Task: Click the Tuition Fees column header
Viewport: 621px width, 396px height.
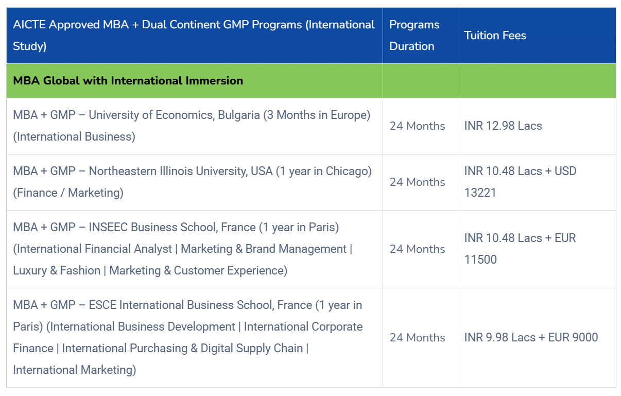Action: pyautogui.click(x=495, y=36)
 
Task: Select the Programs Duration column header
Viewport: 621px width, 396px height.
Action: pyautogui.click(x=414, y=36)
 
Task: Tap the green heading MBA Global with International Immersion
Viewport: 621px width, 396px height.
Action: pyautogui.click(x=128, y=81)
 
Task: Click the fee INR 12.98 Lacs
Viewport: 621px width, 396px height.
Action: pyautogui.click(x=503, y=126)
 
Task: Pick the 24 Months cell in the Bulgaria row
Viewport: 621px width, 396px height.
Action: pyautogui.click(x=417, y=126)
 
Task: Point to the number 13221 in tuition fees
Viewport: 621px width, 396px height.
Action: pyautogui.click(x=480, y=193)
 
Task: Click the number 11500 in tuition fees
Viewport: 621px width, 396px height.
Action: pyautogui.click(x=480, y=260)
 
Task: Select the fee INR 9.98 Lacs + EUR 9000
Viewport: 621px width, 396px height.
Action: pyautogui.click(x=531, y=337)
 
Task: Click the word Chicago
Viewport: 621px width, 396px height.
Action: pyautogui.click(x=349, y=171)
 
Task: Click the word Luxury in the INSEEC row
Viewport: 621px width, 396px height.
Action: pyautogui.click(x=30, y=271)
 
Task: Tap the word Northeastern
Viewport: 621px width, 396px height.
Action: pyautogui.click(x=123, y=171)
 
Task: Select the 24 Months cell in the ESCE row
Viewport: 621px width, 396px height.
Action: pyautogui.click(x=417, y=338)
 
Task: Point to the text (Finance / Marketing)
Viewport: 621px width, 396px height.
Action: pyautogui.click(x=68, y=193)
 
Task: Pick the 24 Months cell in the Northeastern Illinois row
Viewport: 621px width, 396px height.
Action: pyautogui.click(x=417, y=182)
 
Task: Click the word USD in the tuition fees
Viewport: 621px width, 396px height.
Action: pyautogui.click(x=565, y=171)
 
